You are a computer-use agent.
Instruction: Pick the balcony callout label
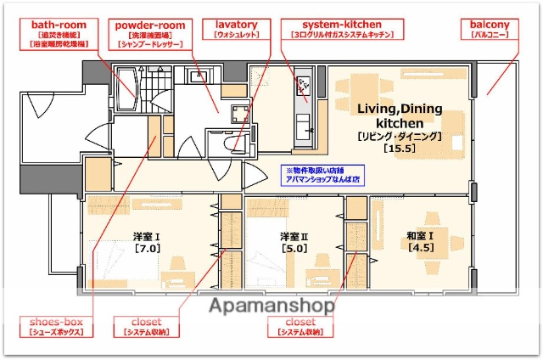click(x=490, y=31)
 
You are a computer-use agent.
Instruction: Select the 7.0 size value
click(x=147, y=249)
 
